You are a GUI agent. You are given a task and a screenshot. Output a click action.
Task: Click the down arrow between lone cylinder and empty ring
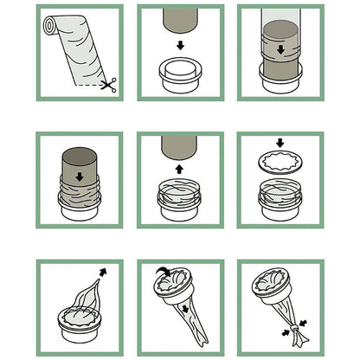coord(180,45)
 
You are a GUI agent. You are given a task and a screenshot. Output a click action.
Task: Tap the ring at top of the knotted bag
coord(280,288)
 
